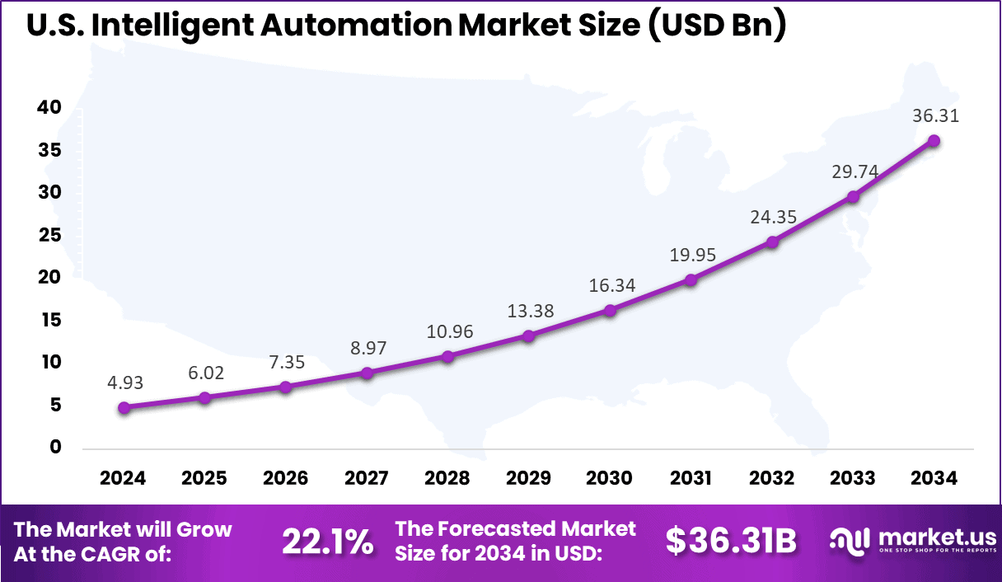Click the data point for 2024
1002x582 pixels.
tap(124, 407)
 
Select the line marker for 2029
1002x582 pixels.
tap(529, 336)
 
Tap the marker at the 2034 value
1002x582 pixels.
tap(934, 140)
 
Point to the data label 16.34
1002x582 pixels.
tap(610, 285)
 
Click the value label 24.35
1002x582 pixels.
tap(772, 217)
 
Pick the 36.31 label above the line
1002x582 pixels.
tap(934, 116)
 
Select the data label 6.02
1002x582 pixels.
tap(204, 373)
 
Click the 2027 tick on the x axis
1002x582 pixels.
tap(367, 479)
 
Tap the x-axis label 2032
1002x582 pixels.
tap(772, 479)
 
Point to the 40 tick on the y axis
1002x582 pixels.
tap(49, 107)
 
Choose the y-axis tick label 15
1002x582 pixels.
tap(49, 320)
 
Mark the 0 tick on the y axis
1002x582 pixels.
tap(56, 447)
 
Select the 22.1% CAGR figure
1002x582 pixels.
tap(327, 542)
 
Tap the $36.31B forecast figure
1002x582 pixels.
tap(731, 542)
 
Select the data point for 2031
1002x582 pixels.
tap(691, 279)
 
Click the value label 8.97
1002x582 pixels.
tap(367, 348)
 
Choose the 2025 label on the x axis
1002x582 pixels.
tap(204, 479)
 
